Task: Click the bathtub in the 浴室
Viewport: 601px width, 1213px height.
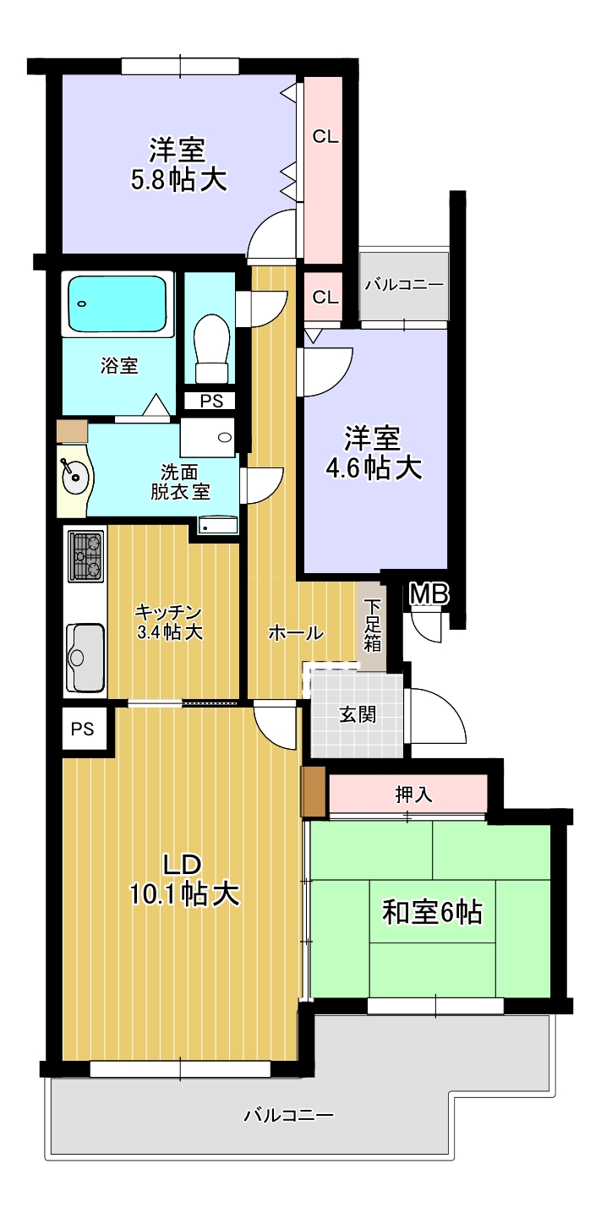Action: click(x=117, y=303)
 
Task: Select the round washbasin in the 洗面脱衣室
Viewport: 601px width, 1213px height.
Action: click(x=74, y=477)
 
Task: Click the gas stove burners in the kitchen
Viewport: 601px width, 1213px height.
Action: click(x=85, y=557)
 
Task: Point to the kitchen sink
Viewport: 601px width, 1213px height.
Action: click(x=85, y=658)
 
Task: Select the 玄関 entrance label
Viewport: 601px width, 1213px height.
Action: click(x=358, y=715)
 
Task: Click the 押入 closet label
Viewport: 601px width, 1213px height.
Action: click(x=413, y=795)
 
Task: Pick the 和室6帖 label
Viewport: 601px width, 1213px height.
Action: click(x=432, y=912)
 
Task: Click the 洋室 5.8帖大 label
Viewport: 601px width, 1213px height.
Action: click(x=178, y=165)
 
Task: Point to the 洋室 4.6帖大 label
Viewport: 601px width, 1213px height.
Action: click(x=373, y=453)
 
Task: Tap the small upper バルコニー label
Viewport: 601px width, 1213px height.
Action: click(x=404, y=285)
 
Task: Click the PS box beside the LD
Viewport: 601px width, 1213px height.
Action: click(x=83, y=729)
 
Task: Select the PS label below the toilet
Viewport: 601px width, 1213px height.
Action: click(x=211, y=401)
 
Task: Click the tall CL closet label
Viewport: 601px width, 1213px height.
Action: click(x=325, y=136)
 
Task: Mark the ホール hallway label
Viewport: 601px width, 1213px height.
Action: click(x=296, y=632)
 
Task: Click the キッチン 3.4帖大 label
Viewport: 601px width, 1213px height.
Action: click(x=169, y=622)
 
